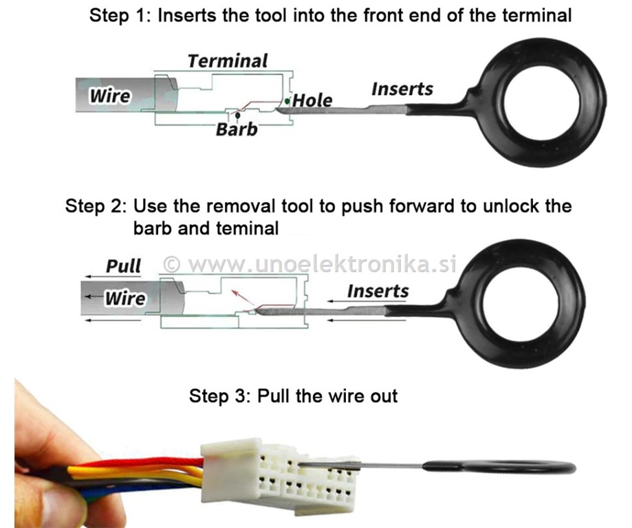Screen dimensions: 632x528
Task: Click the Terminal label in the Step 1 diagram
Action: tap(228, 61)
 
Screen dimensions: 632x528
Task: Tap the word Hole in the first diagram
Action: tap(312, 100)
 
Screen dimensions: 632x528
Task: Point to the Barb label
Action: tap(237, 129)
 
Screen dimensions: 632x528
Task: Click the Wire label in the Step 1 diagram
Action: tap(110, 96)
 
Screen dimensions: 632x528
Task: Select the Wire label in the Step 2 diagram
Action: tap(125, 298)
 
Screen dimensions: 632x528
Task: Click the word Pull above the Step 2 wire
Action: tap(123, 266)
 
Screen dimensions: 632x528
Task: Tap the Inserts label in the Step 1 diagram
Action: tap(402, 89)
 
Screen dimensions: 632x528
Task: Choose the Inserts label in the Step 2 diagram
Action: tap(378, 291)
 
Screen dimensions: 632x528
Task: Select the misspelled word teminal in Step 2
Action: tap(248, 228)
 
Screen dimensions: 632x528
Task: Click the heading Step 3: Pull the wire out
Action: tap(294, 396)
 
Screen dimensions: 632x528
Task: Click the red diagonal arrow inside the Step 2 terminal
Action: tap(242, 296)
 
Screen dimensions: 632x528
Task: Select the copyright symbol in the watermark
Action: tap(172, 265)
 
